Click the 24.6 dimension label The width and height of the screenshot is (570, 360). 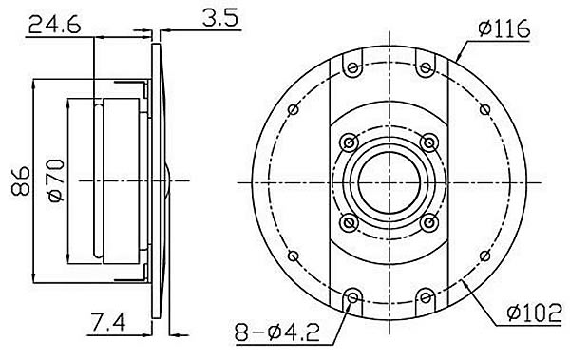click(54, 25)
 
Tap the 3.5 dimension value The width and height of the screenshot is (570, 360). click(220, 18)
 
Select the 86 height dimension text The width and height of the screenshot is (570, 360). click(21, 181)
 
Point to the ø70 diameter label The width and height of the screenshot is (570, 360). click(56, 180)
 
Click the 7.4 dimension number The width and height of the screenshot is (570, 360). click(108, 323)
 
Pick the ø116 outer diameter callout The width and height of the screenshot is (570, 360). click(503, 28)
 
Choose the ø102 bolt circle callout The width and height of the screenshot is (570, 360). click(534, 313)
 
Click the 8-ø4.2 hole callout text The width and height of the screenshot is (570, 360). click(277, 332)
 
